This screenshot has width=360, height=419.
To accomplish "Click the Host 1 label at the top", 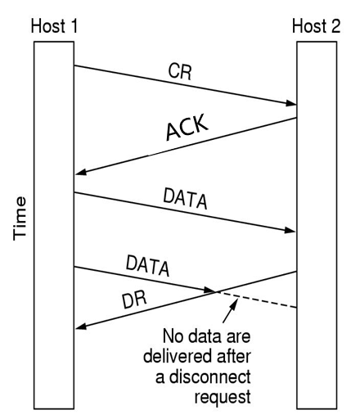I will pos(55,26).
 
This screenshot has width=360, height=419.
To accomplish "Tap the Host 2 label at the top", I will pos(316,26).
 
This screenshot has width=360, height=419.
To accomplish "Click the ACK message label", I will pos(187,128).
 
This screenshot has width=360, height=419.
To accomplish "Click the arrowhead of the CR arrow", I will pos(290,104).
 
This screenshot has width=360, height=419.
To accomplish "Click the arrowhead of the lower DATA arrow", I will pos(210,290).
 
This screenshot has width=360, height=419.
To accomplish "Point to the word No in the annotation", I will pos(174,336).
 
